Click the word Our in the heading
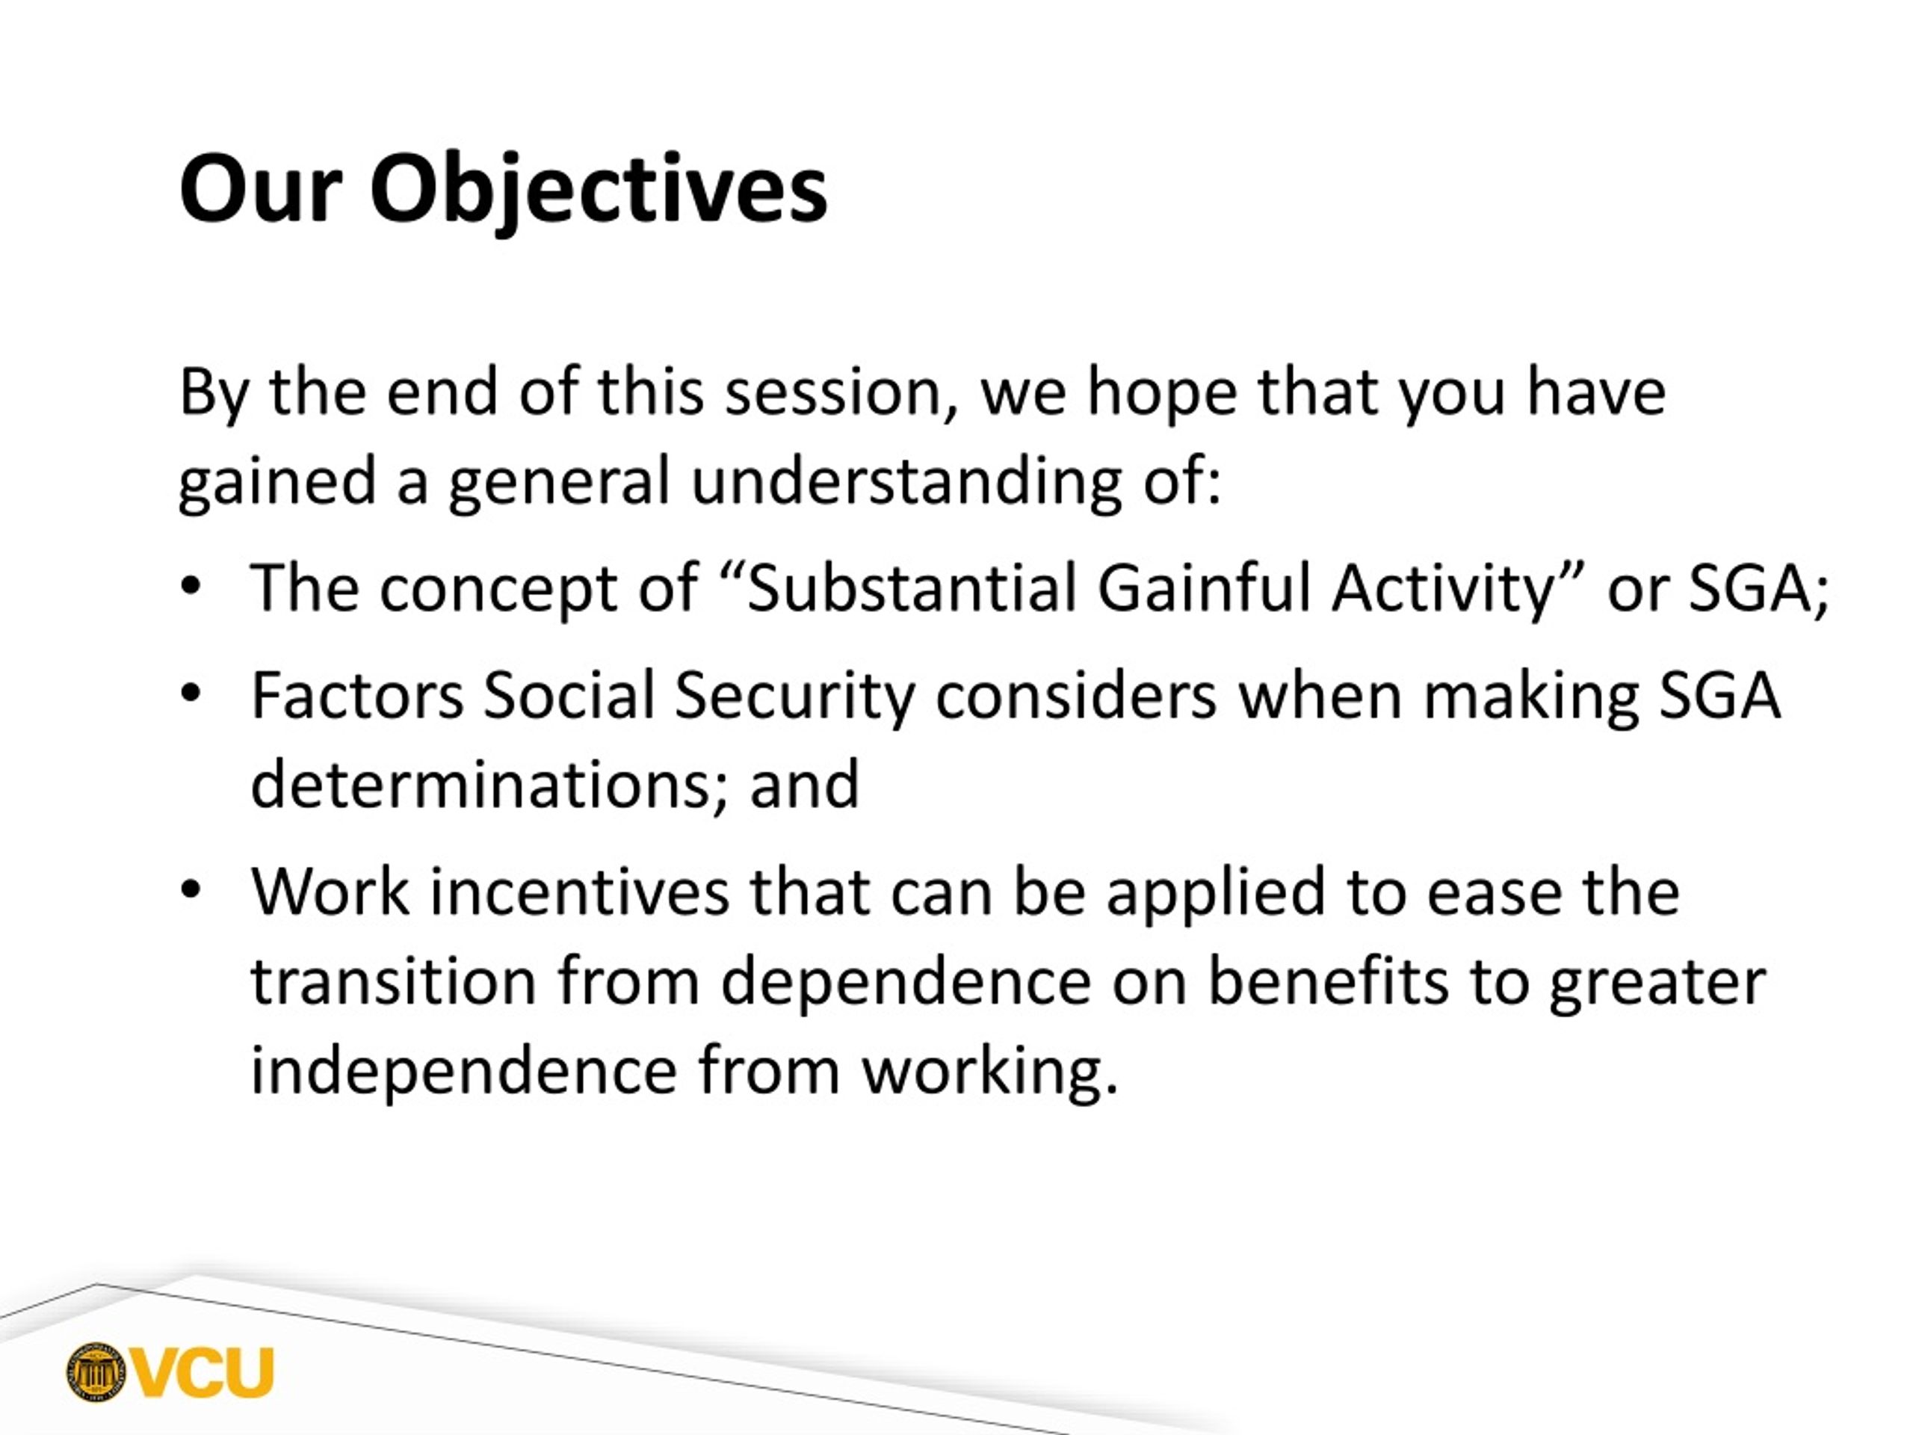click(x=262, y=189)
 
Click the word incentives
click(x=579, y=891)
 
